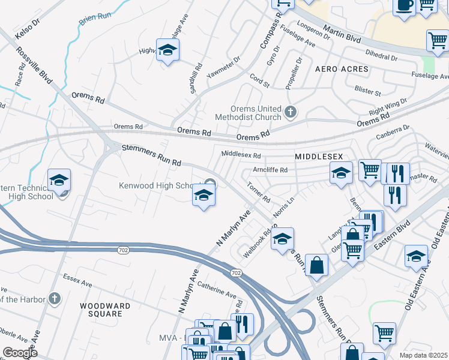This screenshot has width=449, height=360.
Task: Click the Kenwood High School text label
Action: (x=160, y=185)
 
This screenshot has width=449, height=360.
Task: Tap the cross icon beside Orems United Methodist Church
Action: (x=291, y=112)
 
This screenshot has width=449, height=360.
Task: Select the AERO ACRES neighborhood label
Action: (x=342, y=70)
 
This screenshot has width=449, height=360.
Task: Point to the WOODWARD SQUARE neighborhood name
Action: (x=105, y=310)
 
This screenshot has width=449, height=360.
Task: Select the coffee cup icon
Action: (x=405, y=5)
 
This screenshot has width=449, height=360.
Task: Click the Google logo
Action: (x=20, y=352)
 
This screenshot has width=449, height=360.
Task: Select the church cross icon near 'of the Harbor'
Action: (x=54, y=298)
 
